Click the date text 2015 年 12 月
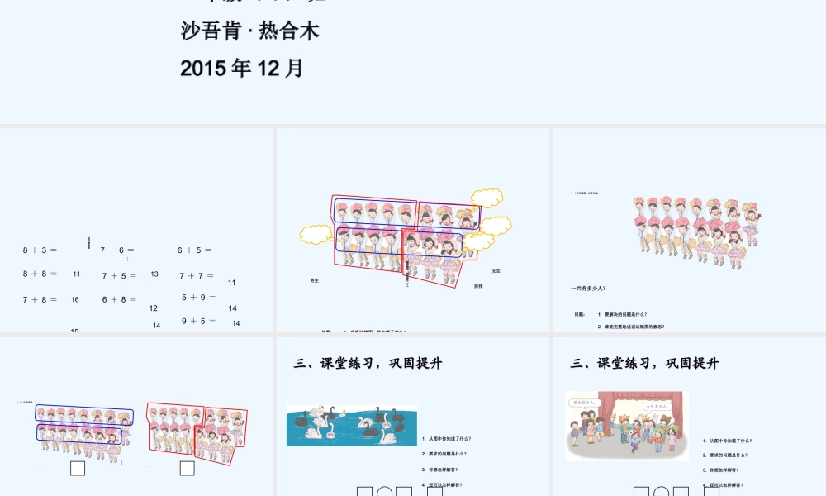point(242,68)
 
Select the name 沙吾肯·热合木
point(249,31)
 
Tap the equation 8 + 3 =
point(40,249)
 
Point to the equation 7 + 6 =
point(117,250)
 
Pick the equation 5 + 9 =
point(198,298)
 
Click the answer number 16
point(75,300)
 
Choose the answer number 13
point(154,274)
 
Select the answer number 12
point(154,308)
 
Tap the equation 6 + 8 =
point(120,300)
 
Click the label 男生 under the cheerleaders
point(314,281)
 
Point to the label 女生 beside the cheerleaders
point(496,271)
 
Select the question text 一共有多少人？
point(588,289)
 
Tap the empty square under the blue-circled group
point(78,469)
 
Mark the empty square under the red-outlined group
point(187,469)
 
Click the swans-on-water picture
point(351,426)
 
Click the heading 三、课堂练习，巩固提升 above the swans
point(368,363)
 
